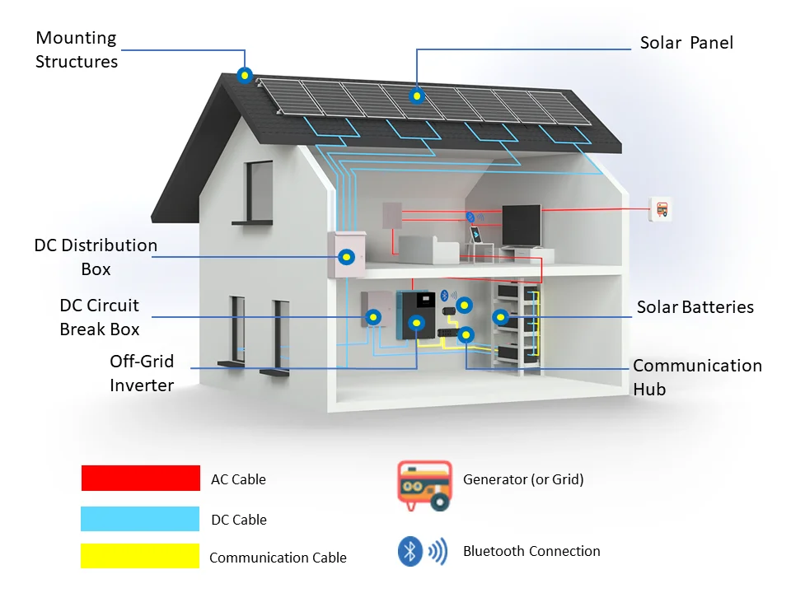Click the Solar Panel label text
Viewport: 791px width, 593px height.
(x=686, y=43)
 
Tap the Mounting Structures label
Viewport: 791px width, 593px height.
(x=77, y=49)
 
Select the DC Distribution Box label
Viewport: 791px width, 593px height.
(x=96, y=257)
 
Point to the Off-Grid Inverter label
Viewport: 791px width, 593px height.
(x=142, y=373)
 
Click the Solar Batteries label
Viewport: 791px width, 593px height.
(x=695, y=307)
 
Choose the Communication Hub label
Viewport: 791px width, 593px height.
(x=697, y=377)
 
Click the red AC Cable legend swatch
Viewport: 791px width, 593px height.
(x=141, y=479)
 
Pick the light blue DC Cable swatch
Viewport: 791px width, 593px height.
(x=141, y=519)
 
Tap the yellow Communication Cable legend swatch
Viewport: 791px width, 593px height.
(x=141, y=555)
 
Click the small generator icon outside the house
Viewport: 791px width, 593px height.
(x=661, y=209)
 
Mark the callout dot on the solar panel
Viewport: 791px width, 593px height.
(x=417, y=96)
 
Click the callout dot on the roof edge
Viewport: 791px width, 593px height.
(x=244, y=76)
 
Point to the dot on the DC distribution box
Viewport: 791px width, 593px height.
(x=348, y=257)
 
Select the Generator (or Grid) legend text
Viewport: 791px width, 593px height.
(x=523, y=479)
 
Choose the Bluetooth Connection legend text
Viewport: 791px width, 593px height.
(x=531, y=551)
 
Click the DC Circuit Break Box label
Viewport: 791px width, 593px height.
(x=100, y=317)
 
